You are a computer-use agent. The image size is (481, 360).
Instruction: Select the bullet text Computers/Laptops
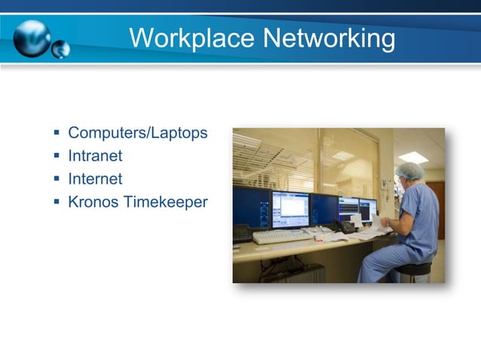click(137, 133)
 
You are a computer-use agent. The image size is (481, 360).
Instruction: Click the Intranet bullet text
click(95, 156)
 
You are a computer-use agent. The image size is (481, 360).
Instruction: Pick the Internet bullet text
click(95, 179)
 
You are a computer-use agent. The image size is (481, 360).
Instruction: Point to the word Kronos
click(91, 202)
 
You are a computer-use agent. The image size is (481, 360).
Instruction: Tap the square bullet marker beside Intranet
click(57, 157)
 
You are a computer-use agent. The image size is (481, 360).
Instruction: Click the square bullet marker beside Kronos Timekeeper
click(57, 202)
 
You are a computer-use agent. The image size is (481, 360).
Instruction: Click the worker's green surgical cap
click(410, 171)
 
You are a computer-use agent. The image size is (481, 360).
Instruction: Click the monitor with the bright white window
click(290, 209)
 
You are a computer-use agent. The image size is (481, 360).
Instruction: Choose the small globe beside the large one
click(60, 49)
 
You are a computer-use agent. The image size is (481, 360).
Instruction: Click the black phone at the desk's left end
click(242, 233)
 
